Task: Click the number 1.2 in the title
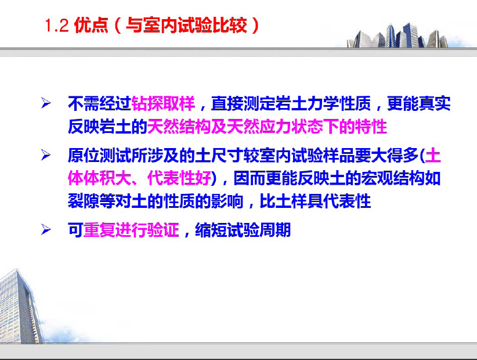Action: pyautogui.click(x=57, y=25)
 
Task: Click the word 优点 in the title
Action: pyautogui.click(x=91, y=25)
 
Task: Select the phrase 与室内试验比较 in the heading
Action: pyautogui.click(x=186, y=25)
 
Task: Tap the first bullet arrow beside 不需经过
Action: pyautogui.click(x=46, y=103)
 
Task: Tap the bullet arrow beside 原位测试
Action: pyautogui.click(x=46, y=155)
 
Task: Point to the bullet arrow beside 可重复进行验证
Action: pyautogui.click(x=46, y=229)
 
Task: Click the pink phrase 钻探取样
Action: pyautogui.click(x=162, y=103)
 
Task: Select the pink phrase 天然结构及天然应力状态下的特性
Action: pyautogui.click(x=267, y=127)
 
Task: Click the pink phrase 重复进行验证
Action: pyautogui.click(x=131, y=230)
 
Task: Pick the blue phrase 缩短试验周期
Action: pyautogui.click(x=243, y=230)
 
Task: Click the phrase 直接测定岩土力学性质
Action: pyautogui.click(x=291, y=103)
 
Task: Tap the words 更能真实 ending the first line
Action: pyautogui.click(x=418, y=103)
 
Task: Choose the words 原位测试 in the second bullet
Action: pyautogui.click(x=99, y=156)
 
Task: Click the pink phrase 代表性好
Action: pyautogui.click(x=179, y=178)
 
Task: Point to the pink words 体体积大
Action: pyautogui.click(x=99, y=178)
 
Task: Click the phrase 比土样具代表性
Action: pyautogui.click(x=315, y=201)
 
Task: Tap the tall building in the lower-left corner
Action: pyautogui.click(x=20, y=307)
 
